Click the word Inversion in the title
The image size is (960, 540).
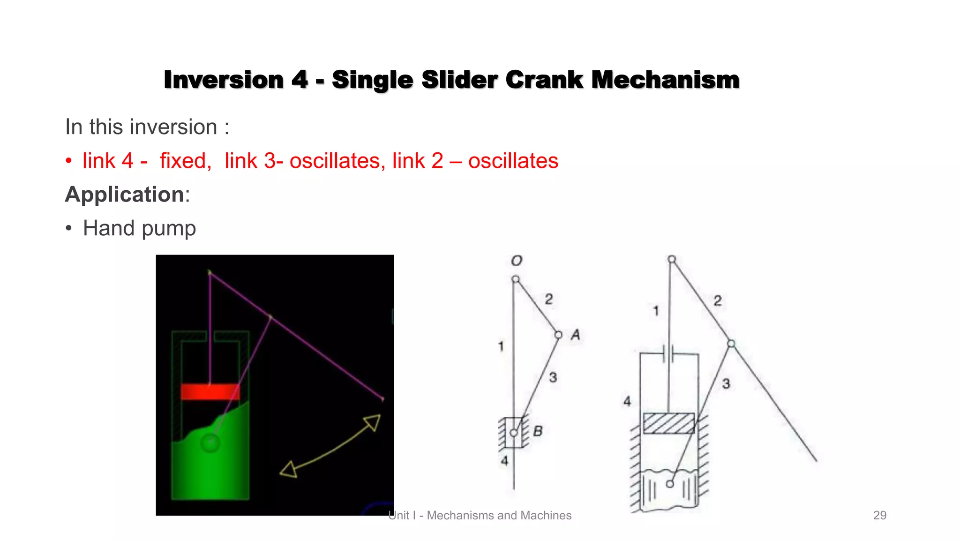[224, 80]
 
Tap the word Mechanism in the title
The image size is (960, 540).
[665, 80]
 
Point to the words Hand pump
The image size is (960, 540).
[139, 228]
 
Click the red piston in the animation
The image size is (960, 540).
[210, 392]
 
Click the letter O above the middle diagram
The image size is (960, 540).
[517, 261]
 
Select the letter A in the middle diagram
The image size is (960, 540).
[576, 335]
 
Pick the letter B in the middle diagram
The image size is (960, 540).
[538, 431]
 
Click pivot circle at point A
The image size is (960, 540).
[558, 335]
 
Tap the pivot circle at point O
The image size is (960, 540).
[516, 279]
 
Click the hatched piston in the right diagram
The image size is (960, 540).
[668, 423]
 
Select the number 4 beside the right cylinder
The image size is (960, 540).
[627, 401]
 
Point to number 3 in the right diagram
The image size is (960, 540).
[726, 384]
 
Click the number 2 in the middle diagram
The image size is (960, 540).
[549, 299]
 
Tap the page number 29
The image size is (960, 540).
[879, 515]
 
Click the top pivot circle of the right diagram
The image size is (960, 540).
[672, 259]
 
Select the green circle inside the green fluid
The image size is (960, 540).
[210, 442]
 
